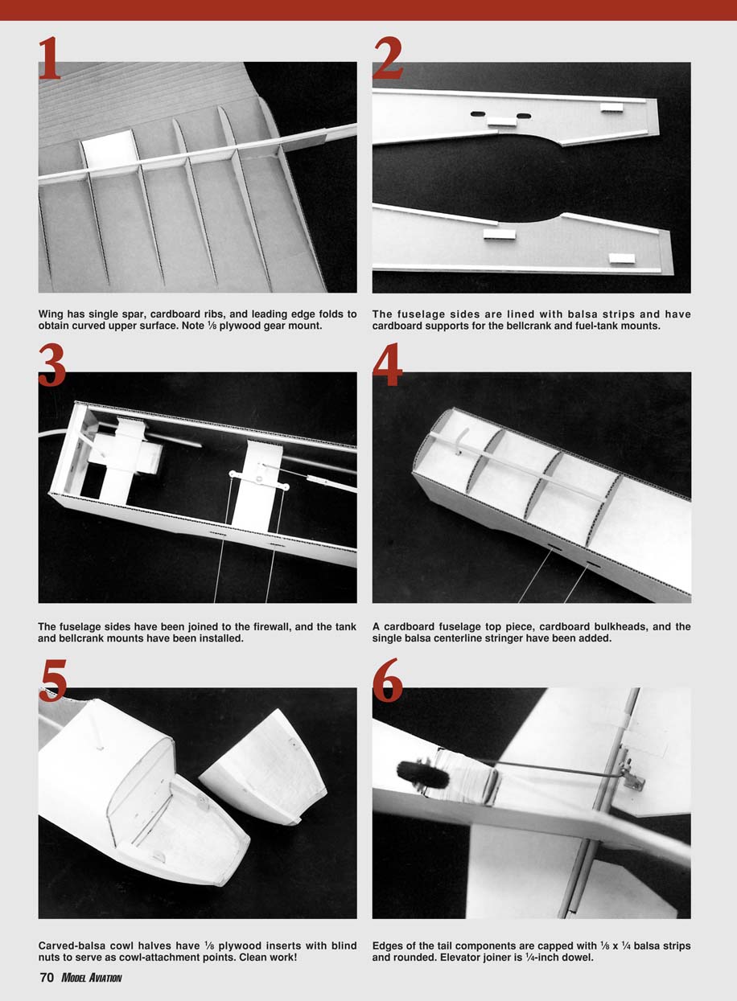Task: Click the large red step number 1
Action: pos(50,58)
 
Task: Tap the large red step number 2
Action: pos(387,58)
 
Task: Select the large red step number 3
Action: pos(51,365)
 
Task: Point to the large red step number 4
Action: pos(387,365)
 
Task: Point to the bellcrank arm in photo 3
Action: pos(259,479)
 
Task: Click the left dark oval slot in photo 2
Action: pos(478,114)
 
